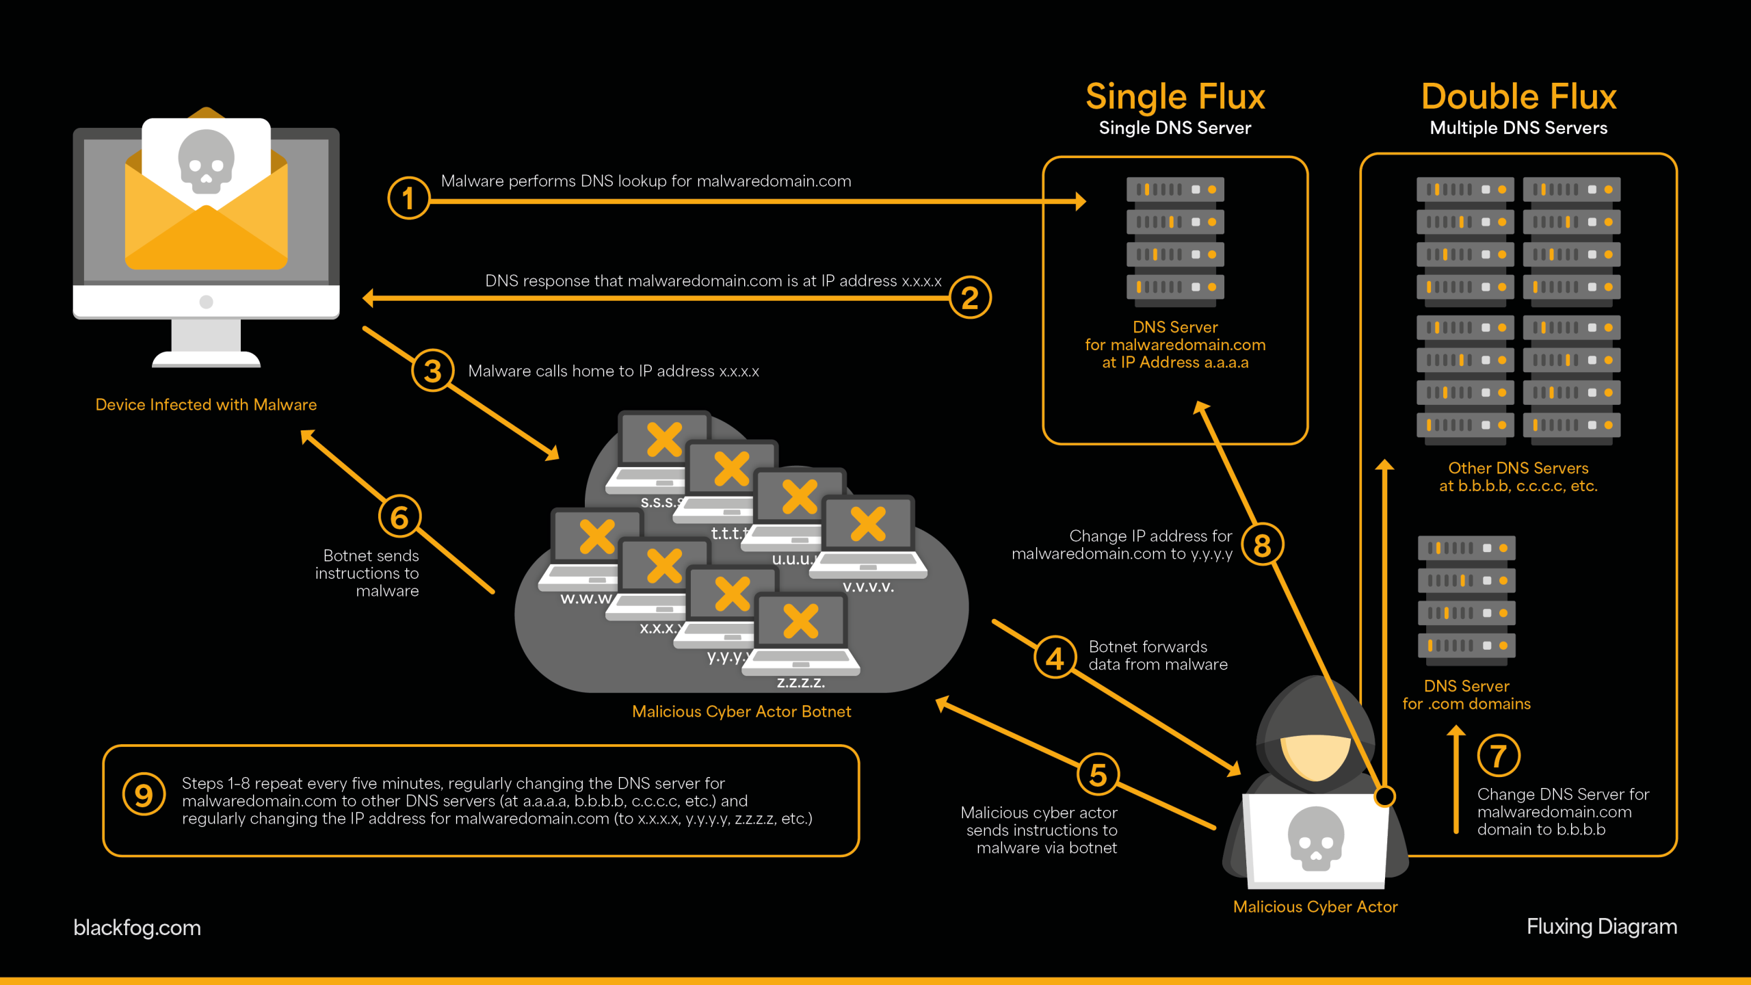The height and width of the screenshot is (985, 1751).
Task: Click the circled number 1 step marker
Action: tap(408, 198)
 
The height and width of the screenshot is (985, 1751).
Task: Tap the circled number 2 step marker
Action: tap(970, 298)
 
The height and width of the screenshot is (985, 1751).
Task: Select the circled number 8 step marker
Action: tap(1262, 545)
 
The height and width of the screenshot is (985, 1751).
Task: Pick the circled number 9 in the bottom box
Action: tap(144, 795)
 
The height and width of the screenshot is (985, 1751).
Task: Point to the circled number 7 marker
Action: tap(1498, 756)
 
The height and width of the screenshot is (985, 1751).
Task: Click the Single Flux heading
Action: tap(1175, 96)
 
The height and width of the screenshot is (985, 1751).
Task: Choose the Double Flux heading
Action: tap(1518, 96)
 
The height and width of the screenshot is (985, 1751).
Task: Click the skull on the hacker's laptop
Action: tap(1315, 838)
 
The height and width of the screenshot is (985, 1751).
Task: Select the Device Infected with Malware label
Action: tap(206, 404)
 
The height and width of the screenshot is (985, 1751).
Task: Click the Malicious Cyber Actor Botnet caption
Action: tap(741, 711)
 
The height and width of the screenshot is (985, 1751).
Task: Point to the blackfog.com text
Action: tap(137, 928)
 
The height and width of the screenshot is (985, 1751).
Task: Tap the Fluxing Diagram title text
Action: tap(1602, 926)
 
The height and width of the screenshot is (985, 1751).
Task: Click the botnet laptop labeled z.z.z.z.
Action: tap(802, 633)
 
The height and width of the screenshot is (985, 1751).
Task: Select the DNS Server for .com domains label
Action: tap(1466, 695)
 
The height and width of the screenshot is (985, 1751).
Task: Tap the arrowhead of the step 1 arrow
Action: tap(1080, 201)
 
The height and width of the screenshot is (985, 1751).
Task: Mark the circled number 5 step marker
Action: tap(1098, 775)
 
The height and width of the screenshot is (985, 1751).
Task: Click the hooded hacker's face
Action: tap(1315, 756)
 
